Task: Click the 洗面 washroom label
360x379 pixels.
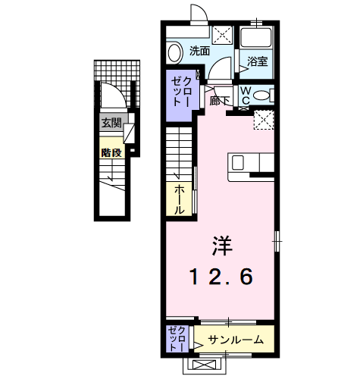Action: pyautogui.click(x=199, y=52)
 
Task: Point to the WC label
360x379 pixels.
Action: pyautogui.click(x=246, y=94)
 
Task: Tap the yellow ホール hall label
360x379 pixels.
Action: pyautogui.click(x=180, y=198)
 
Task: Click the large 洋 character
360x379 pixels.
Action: pyautogui.click(x=221, y=244)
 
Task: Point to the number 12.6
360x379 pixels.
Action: pyautogui.click(x=221, y=277)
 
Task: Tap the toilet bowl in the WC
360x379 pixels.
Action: pyautogui.click(x=260, y=95)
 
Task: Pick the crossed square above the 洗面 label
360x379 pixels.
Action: pyautogui.click(x=223, y=35)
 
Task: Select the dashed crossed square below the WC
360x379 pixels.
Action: pyautogui.click(x=263, y=120)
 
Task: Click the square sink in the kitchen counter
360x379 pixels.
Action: pyautogui.click(x=238, y=162)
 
